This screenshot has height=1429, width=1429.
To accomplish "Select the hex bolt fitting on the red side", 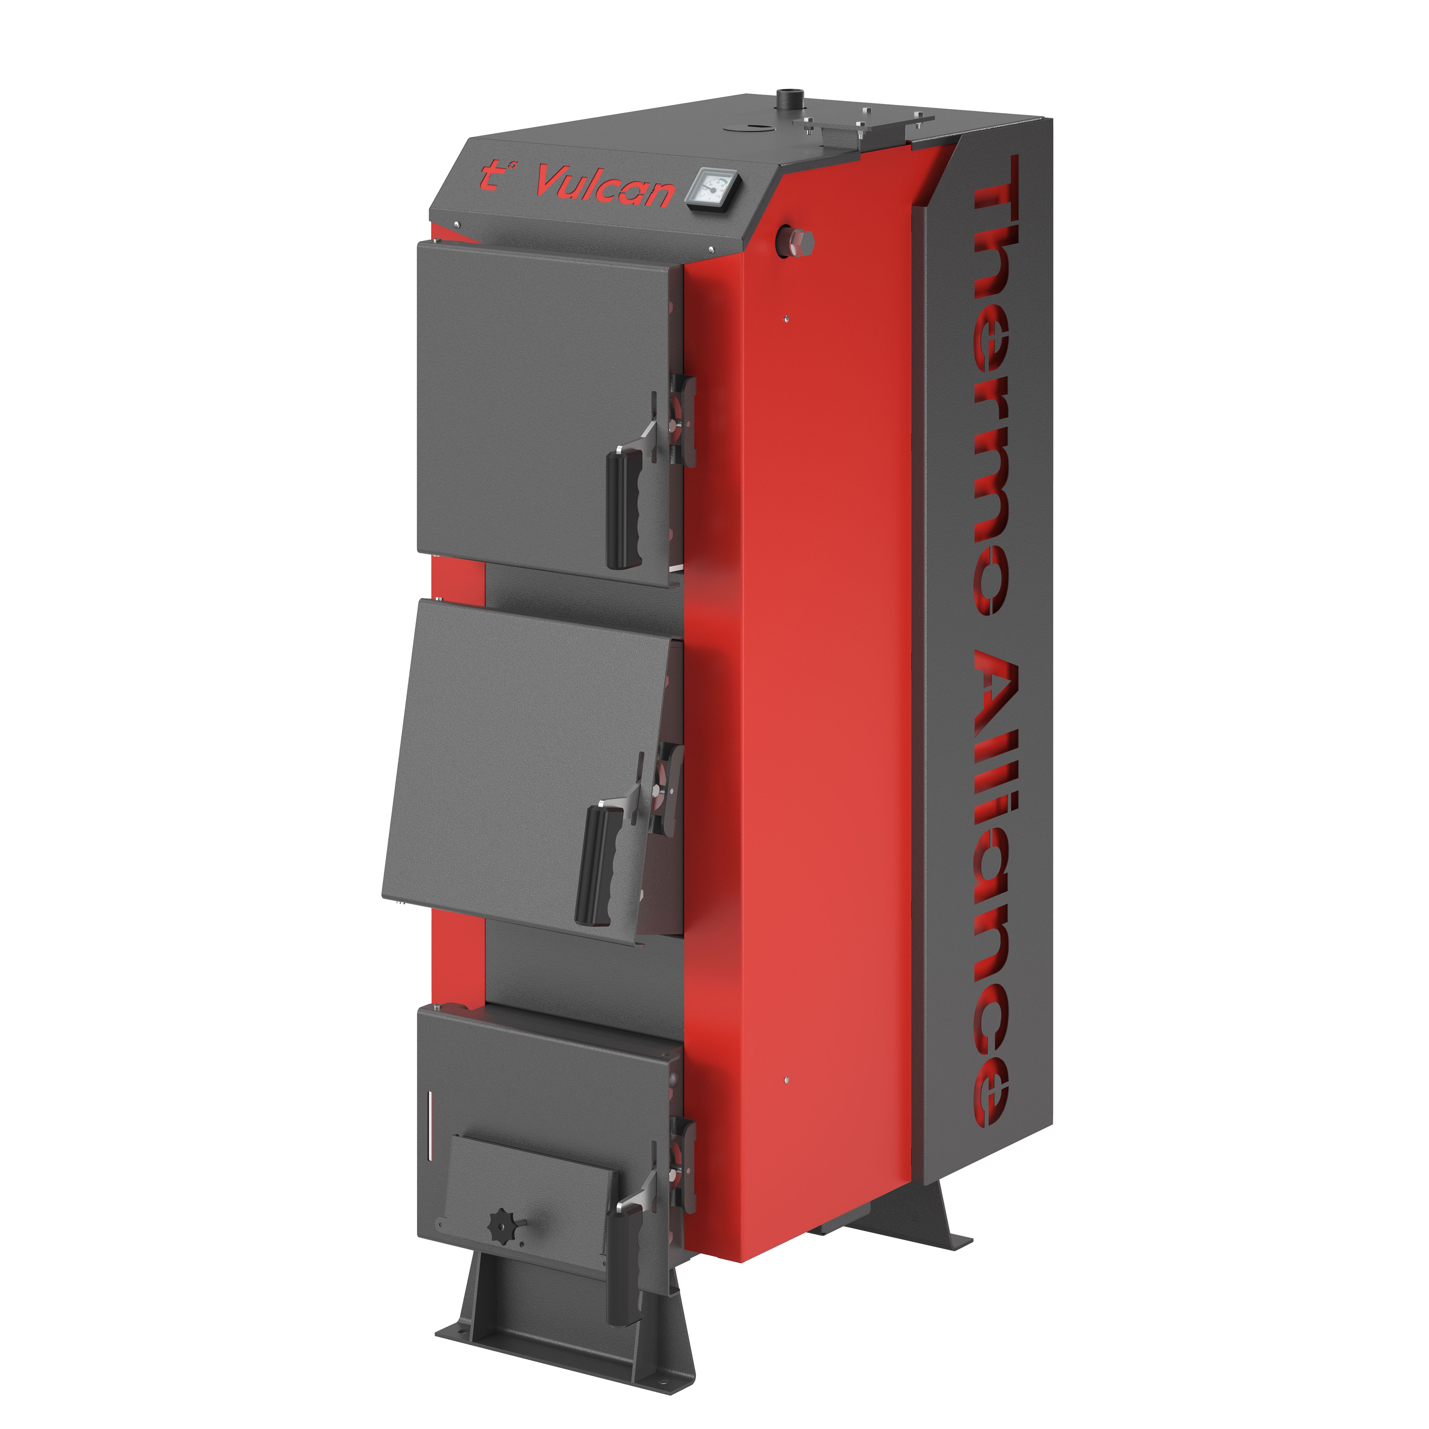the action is click(794, 241).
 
